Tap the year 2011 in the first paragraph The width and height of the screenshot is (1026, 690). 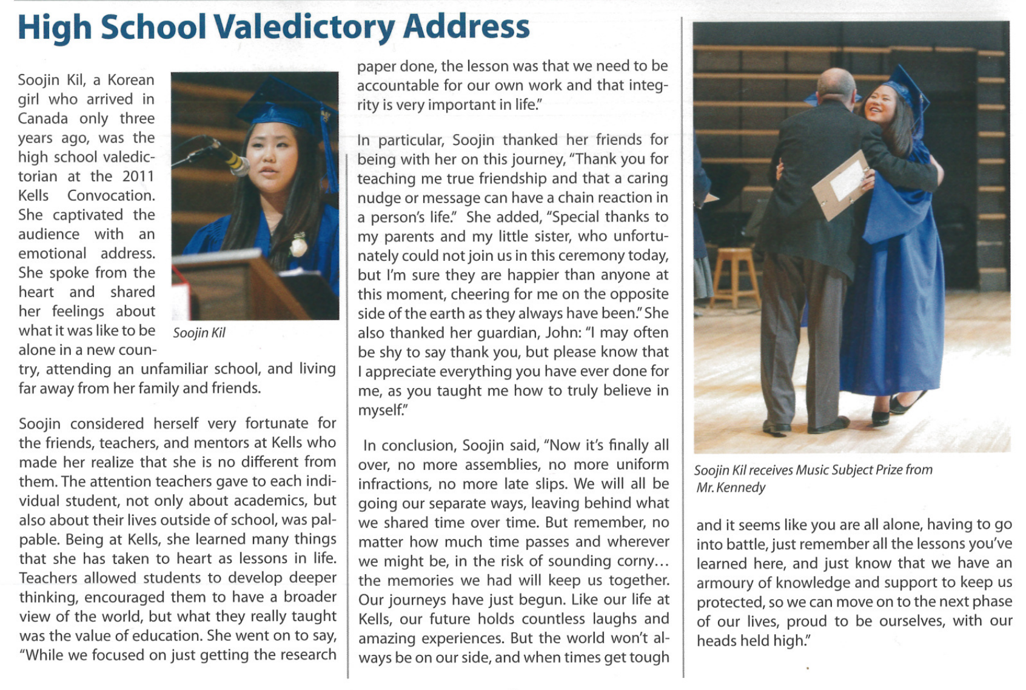click(138, 176)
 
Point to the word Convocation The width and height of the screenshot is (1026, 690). click(111, 196)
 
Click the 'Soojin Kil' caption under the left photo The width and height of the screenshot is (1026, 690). click(199, 333)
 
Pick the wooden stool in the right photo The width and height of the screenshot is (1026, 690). click(735, 273)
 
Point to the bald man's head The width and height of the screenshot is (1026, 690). click(836, 85)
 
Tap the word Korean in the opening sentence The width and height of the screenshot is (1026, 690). click(131, 80)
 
